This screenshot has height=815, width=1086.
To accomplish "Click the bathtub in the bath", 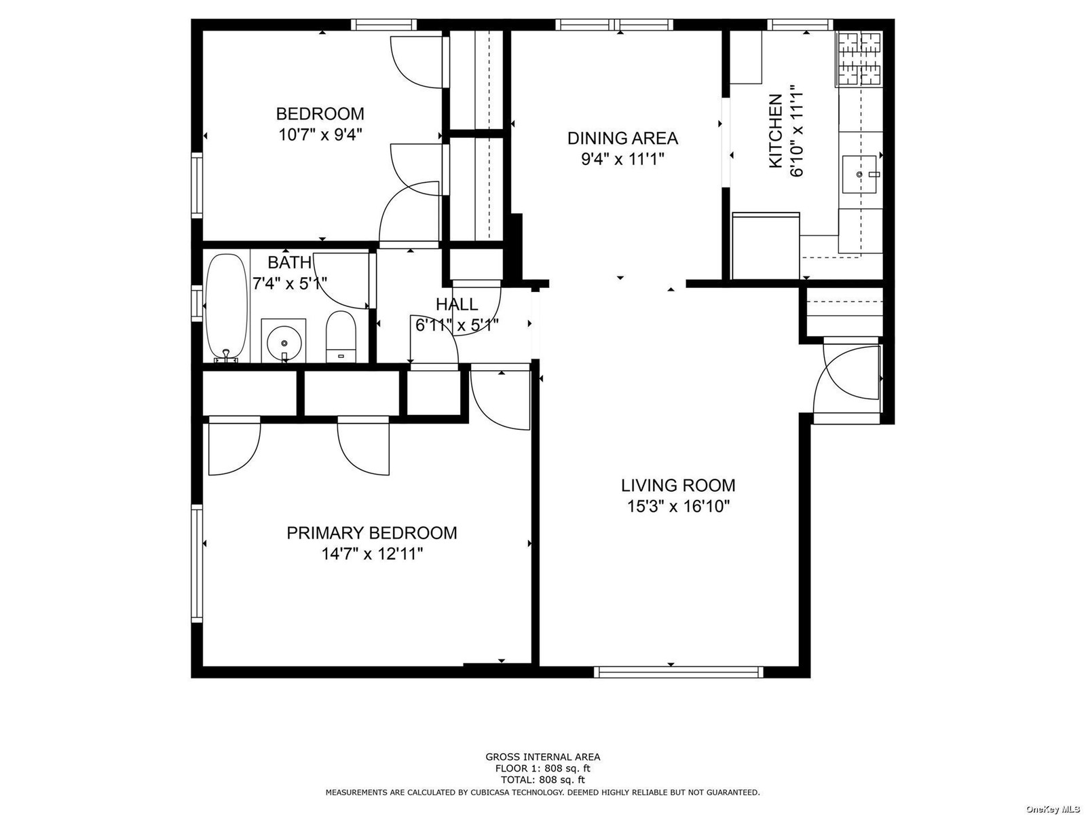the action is coord(226,308).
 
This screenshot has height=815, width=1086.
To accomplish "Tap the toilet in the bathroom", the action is coord(341,336).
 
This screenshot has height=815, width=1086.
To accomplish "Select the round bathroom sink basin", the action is coord(284,342).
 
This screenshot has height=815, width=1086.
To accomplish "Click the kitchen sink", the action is coord(859,174).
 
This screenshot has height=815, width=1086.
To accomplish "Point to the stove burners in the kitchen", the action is coord(859,58).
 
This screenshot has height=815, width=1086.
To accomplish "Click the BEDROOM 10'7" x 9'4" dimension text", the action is coord(320,134).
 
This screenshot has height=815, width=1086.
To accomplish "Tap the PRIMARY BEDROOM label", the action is coord(371,533).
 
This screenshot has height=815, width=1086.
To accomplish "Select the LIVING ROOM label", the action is coord(678,486).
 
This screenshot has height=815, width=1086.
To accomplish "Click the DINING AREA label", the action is coord(622,138).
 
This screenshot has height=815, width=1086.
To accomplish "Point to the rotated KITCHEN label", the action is coord(775,132).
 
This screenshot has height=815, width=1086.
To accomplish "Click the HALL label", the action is coord(457,304).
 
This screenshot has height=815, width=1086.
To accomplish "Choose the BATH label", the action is coord(289,261).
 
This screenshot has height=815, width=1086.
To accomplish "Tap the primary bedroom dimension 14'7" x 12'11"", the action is coord(372,554).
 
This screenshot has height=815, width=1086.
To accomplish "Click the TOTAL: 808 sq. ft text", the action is coord(543,780).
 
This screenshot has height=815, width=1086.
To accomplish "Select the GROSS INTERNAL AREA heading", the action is coord(543,757).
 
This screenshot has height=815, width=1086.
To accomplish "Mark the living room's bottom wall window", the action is coord(678,672).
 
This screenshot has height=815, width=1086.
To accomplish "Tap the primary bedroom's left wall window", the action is coord(197,563).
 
